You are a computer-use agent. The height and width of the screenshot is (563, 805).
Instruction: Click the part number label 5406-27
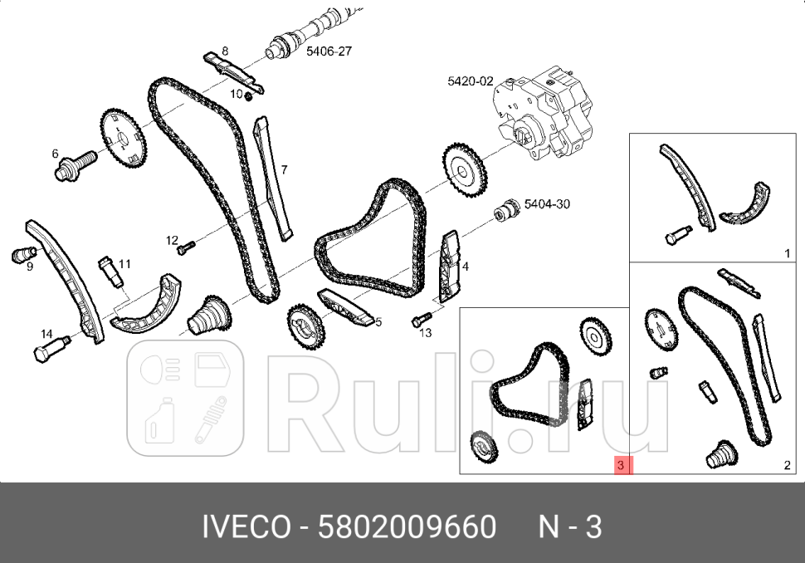tap(329, 51)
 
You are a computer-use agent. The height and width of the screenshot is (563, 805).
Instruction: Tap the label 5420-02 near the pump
tap(471, 81)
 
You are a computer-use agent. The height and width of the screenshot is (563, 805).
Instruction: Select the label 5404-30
tap(548, 203)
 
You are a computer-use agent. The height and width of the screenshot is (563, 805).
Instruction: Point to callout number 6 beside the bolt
tap(56, 154)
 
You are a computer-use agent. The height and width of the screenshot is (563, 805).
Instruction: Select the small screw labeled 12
tap(188, 246)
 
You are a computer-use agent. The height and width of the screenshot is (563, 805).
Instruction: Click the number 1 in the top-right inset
tap(787, 252)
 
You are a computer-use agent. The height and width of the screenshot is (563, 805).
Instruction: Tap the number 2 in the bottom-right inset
tap(787, 466)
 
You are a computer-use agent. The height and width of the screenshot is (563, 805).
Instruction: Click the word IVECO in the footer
tap(246, 526)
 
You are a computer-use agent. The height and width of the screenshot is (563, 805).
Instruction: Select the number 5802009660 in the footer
tap(407, 526)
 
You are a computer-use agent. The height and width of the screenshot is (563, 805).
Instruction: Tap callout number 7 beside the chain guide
tap(284, 170)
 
